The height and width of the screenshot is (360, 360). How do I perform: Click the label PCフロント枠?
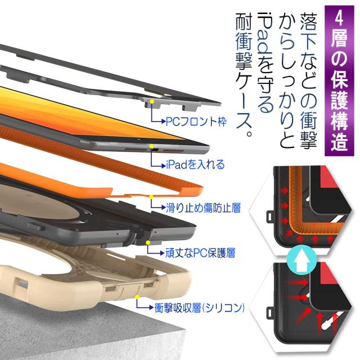pyautogui.click(x=196, y=121)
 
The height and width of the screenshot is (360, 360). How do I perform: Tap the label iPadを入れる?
pyautogui.click(x=195, y=164)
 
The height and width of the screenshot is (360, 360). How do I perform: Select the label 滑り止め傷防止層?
pyautogui.click(x=203, y=208)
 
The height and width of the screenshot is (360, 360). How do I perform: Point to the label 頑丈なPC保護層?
pyautogui.click(x=200, y=253)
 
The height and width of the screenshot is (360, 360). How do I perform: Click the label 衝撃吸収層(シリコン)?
pyautogui.click(x=199, y=308)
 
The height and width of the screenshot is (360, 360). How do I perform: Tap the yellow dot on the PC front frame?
pyautogui.click(x=151, y=101)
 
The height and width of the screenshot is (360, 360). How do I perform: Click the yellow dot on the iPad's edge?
pyautogui.click(x=151, y=146)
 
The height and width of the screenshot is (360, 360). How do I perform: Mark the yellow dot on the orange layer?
pyautogui.click(x=151, y=197)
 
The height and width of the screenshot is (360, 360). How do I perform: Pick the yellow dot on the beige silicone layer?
pyautogui.click(x=137, y=297)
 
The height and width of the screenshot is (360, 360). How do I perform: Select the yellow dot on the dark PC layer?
pyautogui.click(x=148, y=242)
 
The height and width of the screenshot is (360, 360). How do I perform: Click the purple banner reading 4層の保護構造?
pyautogui.click(x=339, y=80)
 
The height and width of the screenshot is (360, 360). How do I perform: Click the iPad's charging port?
pyautogui.click(x=155, y=150)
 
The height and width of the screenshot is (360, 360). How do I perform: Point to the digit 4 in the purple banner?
pyautogui.click(x=339, y=18)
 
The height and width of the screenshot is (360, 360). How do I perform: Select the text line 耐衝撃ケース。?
pyautogui.click(x=244, y=75)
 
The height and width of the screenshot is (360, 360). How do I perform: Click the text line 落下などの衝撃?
pyautogui.click(x=309, y=81)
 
